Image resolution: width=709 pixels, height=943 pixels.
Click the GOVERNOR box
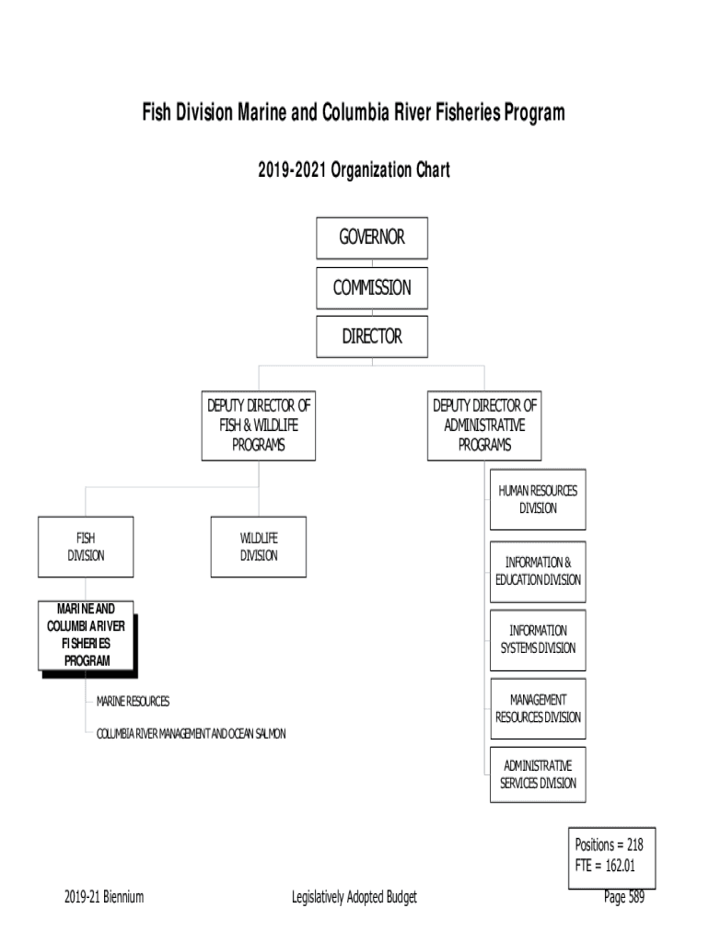click(372, 239)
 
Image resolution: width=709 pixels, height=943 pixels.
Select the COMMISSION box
click(372, 287)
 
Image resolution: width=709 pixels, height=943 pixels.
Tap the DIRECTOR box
click(372, 336)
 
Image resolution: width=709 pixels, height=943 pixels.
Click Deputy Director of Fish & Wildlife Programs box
click(259, 425)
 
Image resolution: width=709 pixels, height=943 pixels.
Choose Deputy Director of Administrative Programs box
click(484, 425)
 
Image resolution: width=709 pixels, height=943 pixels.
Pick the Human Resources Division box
click(538, 500)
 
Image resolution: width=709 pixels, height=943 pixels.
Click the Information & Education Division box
click(538, 571)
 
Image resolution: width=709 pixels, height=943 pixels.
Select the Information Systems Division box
click(538, 639)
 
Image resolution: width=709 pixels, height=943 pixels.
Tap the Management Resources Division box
click(538, 708)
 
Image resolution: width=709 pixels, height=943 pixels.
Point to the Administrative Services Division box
click(538, 774)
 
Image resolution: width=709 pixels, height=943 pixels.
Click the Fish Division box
click(86, 547)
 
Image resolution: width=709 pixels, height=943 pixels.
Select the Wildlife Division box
click(259, 547)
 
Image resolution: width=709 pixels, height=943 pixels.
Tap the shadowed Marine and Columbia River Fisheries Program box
click(87, 635)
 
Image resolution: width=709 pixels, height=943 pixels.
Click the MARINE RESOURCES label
click(134, 702)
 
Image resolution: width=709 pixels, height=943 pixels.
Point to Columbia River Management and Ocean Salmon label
click(192, 733)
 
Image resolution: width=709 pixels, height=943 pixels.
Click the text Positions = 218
click(609, 844)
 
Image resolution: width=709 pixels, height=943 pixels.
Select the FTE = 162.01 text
click(605, 865)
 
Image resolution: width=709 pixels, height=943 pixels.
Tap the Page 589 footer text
click(624, 898)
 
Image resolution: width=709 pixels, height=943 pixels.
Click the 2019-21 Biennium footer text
click(104, 898)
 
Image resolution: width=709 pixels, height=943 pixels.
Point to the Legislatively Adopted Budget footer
click(354, 898)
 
